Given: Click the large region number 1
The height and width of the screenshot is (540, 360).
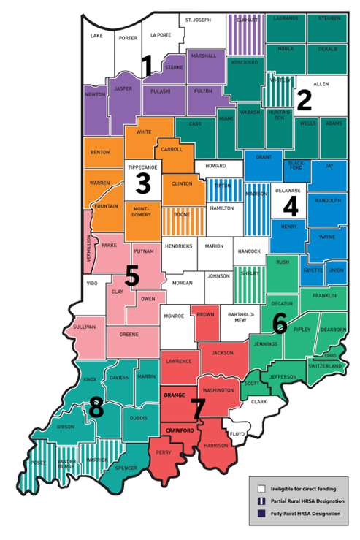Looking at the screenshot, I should [147, 67].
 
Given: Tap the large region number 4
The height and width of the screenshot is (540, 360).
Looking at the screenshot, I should [291, 207].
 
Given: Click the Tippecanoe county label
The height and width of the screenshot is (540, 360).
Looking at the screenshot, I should [142, 167].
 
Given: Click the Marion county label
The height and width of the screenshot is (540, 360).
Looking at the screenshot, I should [214, 246].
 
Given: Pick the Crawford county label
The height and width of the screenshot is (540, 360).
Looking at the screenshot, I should [177, 430].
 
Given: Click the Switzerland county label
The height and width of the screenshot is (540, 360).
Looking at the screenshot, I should [329, 365].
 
